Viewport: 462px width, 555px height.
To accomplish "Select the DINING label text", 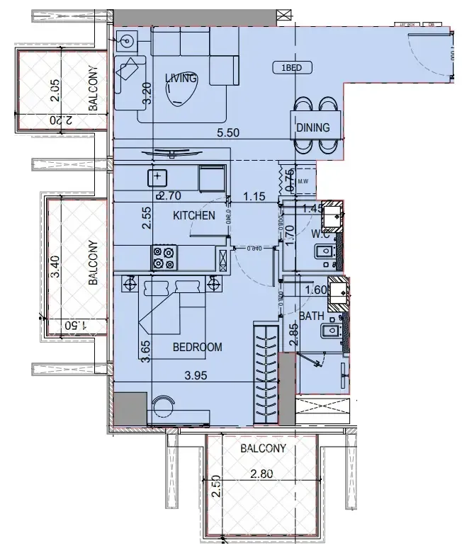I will coord(312,128).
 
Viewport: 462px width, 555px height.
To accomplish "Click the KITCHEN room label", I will coord(194,215).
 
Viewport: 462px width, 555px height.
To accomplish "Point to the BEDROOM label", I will coord(197,347).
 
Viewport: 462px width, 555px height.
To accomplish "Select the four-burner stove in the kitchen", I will coord(164,257).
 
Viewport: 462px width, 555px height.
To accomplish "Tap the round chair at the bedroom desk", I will coord(164,406).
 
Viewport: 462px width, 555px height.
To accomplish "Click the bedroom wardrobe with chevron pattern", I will coord(266,375).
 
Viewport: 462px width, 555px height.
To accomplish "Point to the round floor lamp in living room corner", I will coord(128,41).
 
